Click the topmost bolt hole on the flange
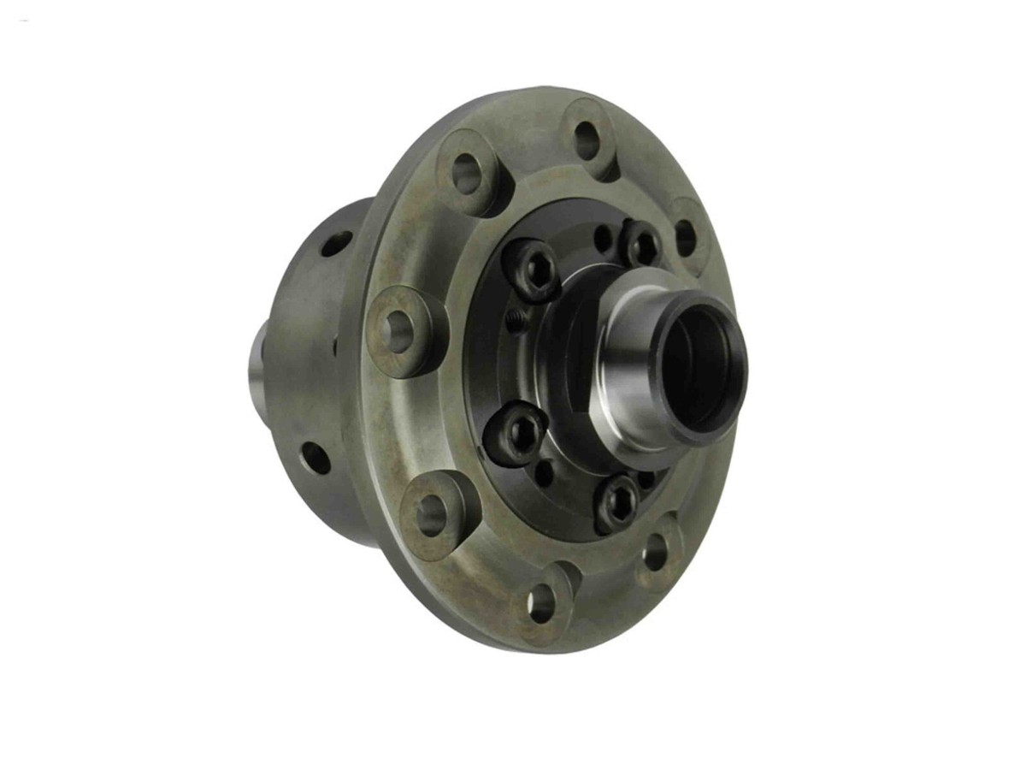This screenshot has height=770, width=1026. tap(587, 140)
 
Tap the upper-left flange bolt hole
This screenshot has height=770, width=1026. tap(466, 174)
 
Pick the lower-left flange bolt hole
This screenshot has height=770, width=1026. tap(432, 515)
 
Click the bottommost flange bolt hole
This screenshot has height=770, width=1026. tap(541, 604)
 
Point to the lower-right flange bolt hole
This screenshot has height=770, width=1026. tap(655, 553)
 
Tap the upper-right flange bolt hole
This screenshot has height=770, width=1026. tap(686, 238)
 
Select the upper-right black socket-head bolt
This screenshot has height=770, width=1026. tap(642, 245)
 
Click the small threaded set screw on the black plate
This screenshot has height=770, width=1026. tap(516, 321)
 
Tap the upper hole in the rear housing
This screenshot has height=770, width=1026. tap(336, 243)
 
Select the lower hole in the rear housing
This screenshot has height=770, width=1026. tap(315, 457)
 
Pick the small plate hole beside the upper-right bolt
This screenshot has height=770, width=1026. tap(604, 239)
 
